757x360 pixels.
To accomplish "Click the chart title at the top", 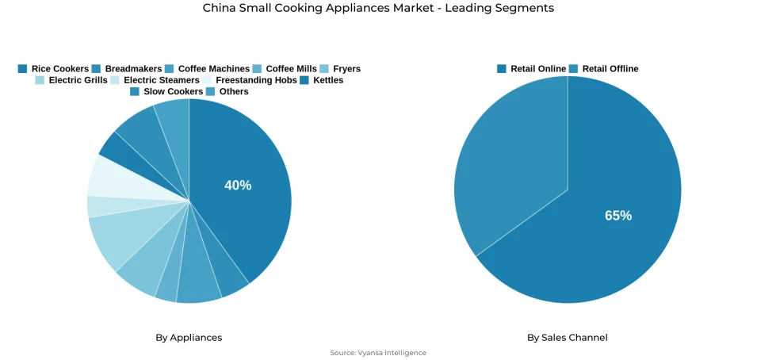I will [x=378, y=8].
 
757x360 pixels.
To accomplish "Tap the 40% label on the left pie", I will [x=238, y=186].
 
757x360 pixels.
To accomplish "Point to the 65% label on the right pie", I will [x=618, y=216].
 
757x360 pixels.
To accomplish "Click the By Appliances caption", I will [x=189, y=338].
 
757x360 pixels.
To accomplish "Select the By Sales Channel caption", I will [x=568, y=338].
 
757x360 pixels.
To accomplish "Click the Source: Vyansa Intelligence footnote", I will [x=378, y=353].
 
